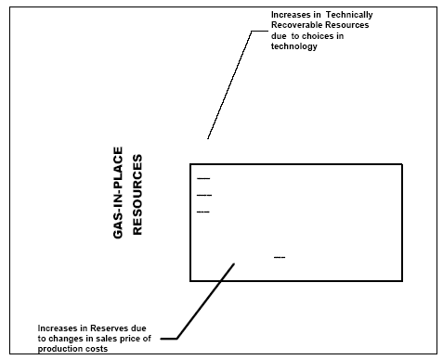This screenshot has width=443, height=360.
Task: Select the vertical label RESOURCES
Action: (x=137, y=199)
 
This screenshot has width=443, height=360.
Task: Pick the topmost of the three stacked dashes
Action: (x=203, y=177)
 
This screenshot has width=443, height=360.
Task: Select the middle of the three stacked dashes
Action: (x=204, y=195)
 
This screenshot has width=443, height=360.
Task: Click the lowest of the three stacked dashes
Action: (x=203, y=212)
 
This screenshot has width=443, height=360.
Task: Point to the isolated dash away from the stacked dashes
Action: (x=280, y=256)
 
